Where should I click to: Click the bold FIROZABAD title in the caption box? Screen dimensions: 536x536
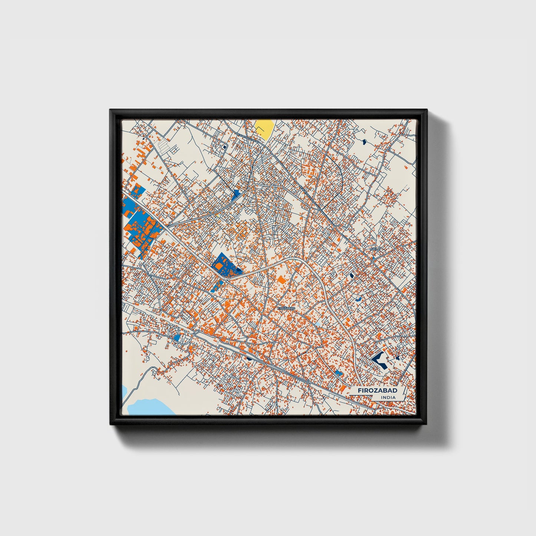click(x=377, y=391)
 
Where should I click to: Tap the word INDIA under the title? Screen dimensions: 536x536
click(x=388, y=398)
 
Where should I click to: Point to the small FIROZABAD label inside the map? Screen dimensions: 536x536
click(x=286, y=308)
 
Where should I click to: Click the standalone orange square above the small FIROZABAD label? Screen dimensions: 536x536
click(x=282, y=280)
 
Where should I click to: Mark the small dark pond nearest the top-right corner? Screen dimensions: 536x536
click(x=364, y=141)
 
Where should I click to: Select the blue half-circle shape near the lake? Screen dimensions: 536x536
click(x=177, y=338)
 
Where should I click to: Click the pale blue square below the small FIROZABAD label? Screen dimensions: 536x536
click(x=318, y=324)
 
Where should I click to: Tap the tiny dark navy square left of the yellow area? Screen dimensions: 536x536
click(x=225, y=147)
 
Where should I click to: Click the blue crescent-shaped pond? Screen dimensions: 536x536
click(x=358, y=299)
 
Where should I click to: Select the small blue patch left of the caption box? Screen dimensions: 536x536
click(x=338, y=373)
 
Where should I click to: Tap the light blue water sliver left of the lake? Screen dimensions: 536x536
click(x=125, y=391)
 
